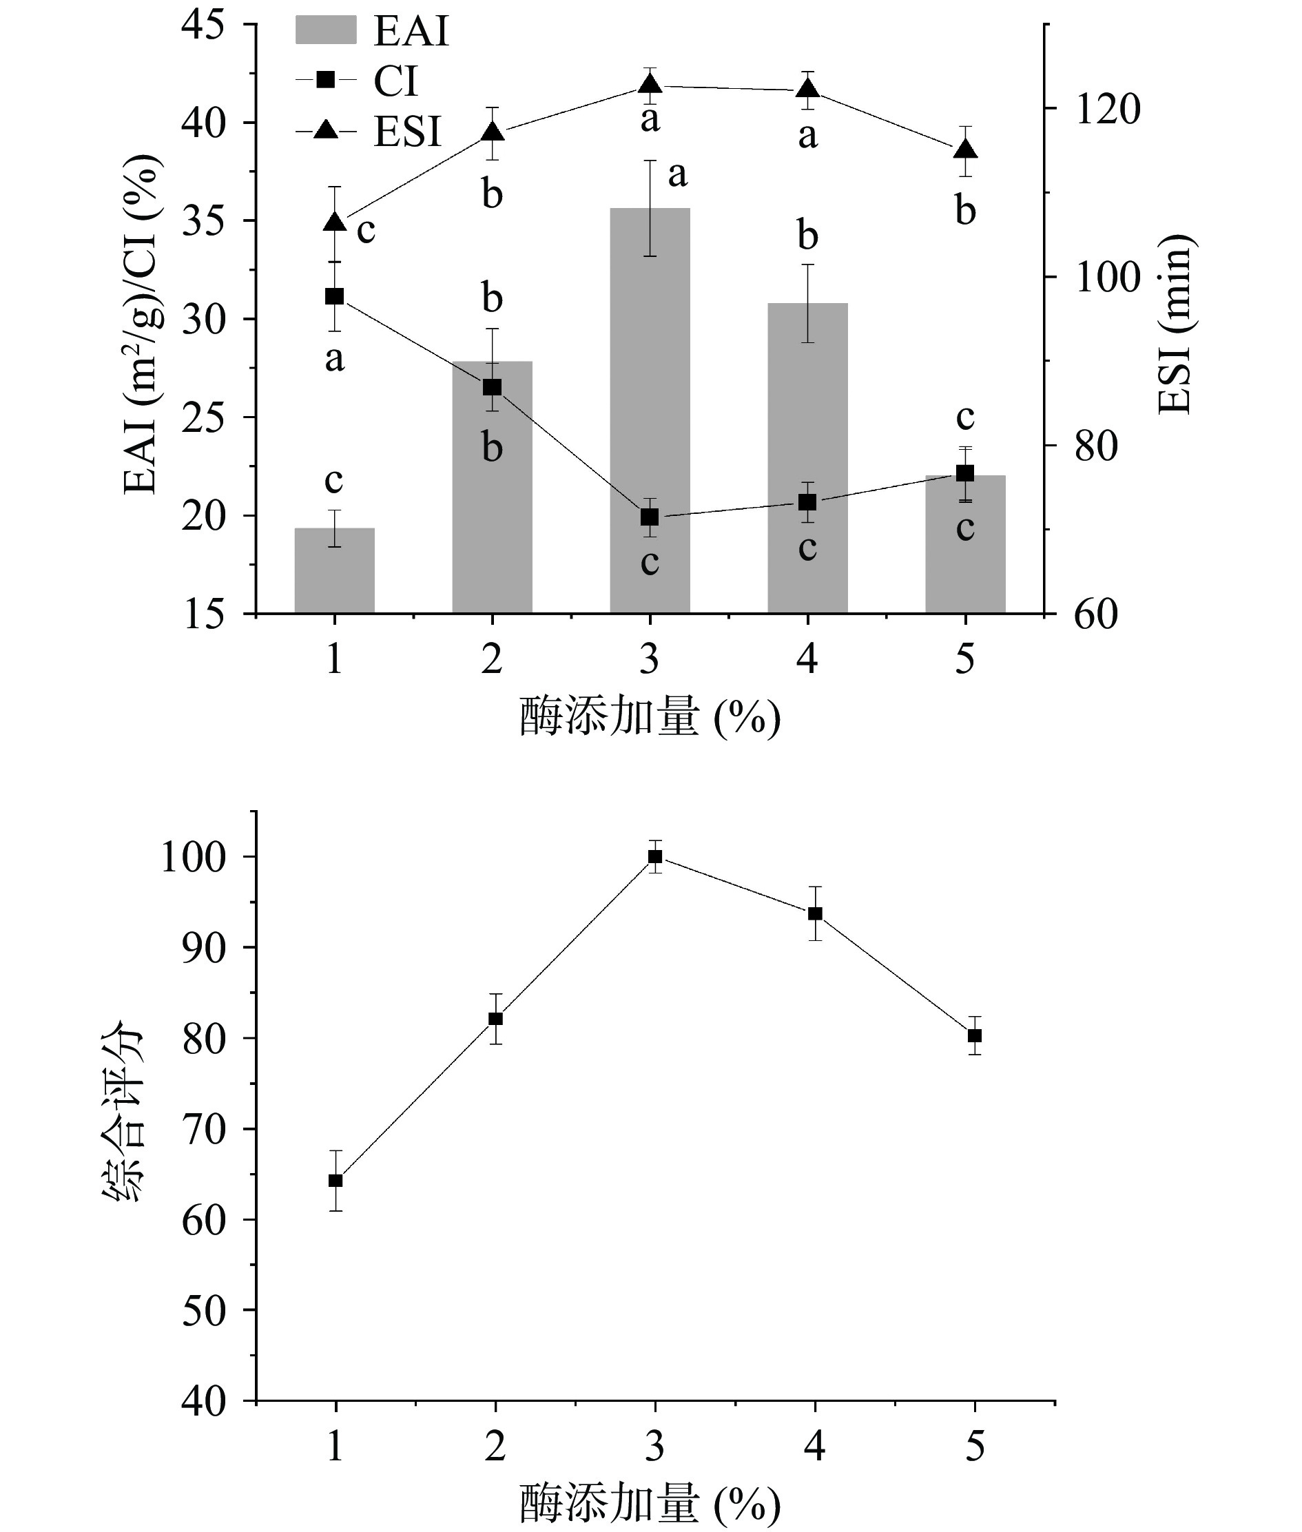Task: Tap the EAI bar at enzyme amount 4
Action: tap(807, 457)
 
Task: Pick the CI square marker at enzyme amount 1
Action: tap(334, 297)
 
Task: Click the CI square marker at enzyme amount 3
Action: tap(650, 517)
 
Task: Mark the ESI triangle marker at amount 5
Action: tap(965, 149)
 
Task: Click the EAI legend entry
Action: tap(373, 32)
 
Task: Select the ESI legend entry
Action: tap(369, 132)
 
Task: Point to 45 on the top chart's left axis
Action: tap(204, 25)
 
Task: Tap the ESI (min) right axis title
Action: tap(1175, 324)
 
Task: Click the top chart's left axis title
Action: tap(142, 324)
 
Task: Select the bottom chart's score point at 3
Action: tap(654, 857)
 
